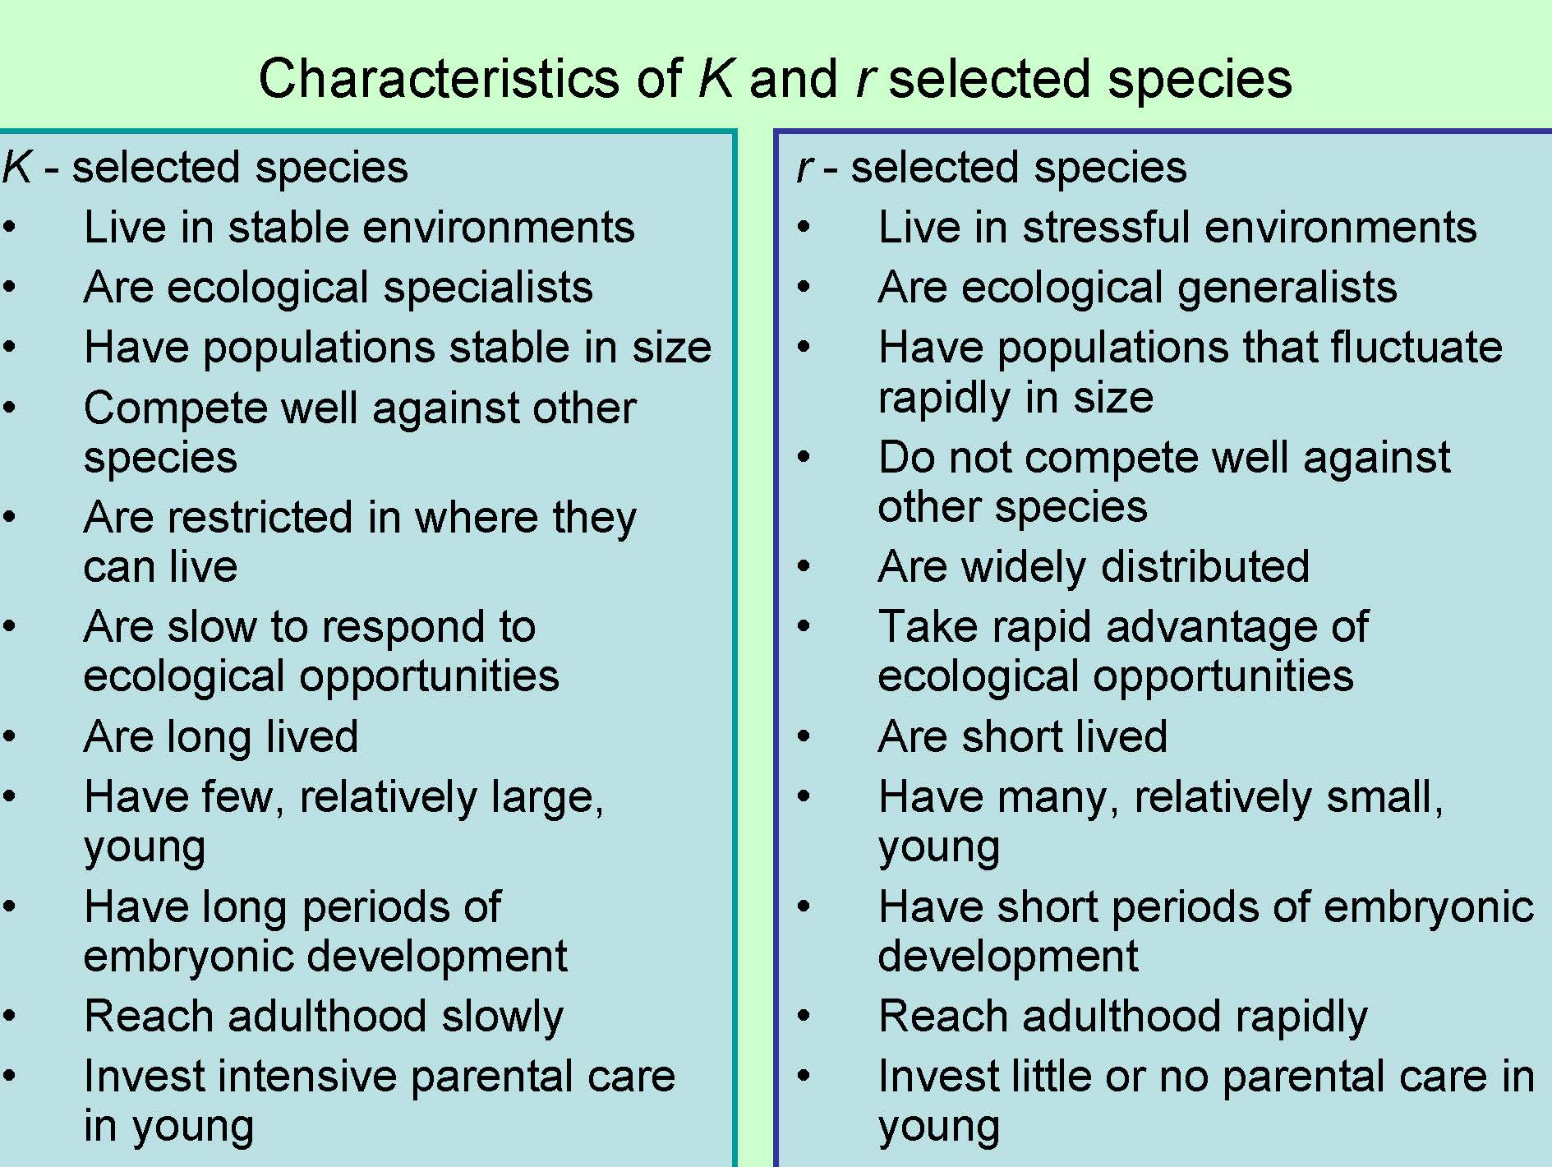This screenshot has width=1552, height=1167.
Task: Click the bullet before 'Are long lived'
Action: tap(9, 736)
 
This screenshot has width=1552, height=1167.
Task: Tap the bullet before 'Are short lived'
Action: tap(804, 736)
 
